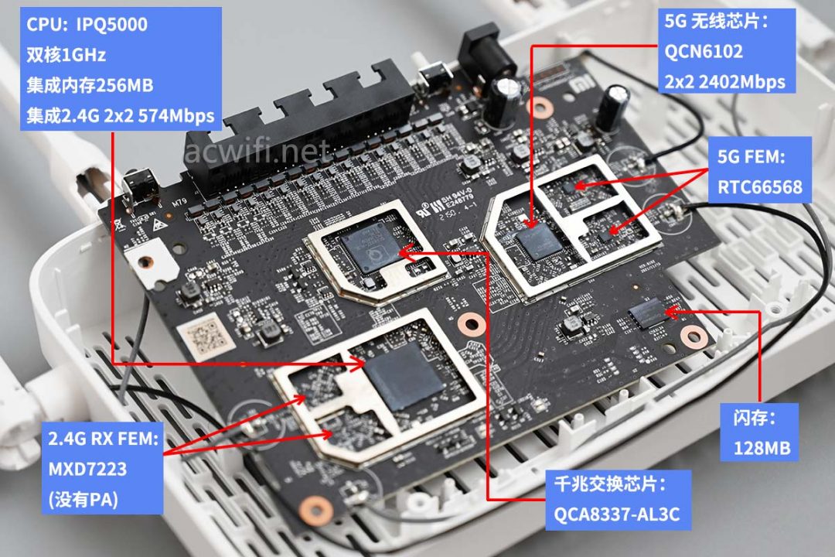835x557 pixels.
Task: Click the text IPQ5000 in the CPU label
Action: click(x=111, y=25)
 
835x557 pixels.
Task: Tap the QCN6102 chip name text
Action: click(x=704, y=52)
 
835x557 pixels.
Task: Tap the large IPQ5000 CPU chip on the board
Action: click(x=404, y=374)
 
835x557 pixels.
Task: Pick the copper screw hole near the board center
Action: click(x=467, y=323)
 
